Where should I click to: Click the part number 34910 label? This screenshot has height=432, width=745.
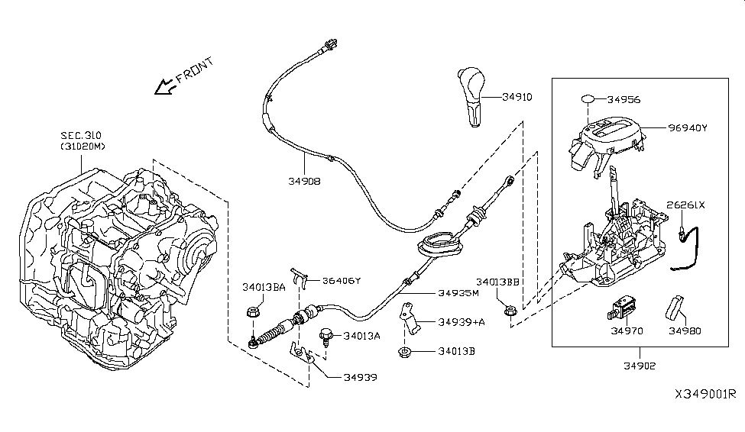517,97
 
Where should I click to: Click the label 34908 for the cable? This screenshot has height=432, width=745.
304,182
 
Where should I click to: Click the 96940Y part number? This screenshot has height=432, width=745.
687,127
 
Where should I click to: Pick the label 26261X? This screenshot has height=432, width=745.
685,205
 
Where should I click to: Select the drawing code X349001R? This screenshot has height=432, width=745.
704,394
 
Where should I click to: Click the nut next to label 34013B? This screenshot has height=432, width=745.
403,352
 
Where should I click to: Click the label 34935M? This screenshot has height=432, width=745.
458,292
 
